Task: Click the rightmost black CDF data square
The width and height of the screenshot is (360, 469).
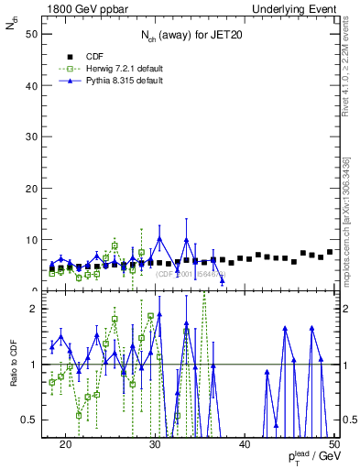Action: click(x=330, y=251)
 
